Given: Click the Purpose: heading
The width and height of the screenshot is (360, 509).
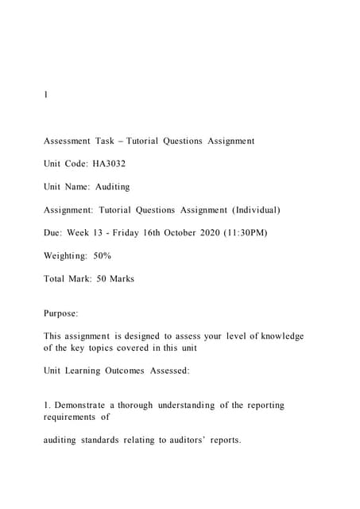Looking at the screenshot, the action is click(61, 314).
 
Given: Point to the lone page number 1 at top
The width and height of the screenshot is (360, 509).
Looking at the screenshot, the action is click(46, 95).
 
